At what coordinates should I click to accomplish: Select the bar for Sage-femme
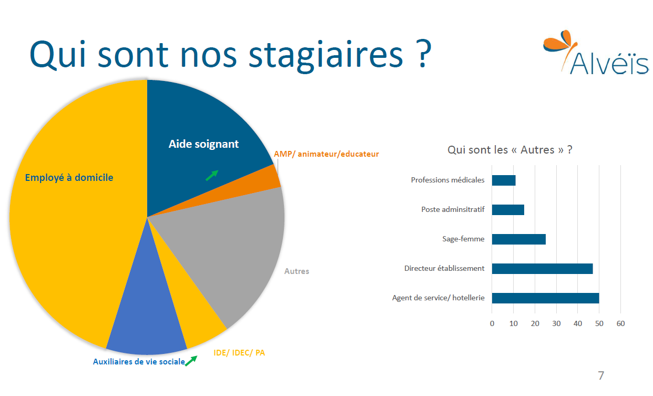click(518, 239)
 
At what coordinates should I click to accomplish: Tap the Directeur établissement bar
click(542, 269)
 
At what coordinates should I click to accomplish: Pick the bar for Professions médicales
click(504, 180)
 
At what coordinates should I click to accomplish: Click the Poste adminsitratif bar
click(508, 210)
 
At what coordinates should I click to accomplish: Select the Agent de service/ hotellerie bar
click(545, 298)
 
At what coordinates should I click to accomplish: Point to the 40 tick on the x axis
click(578, 323)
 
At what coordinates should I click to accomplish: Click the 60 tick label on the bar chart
click(620, 323)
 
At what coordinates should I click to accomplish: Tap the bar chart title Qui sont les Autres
click(509, 150)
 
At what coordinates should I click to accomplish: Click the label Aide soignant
click(203, 144)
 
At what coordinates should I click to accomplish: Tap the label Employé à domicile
click(69, 178)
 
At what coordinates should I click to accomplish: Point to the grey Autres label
click(297, 271)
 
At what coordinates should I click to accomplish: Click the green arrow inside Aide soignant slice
click(211, 176)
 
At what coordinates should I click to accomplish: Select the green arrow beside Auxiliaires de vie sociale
click(191, 360)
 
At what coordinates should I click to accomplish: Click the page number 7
click(601, 375)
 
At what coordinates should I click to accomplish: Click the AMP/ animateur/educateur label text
click(326, 154)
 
